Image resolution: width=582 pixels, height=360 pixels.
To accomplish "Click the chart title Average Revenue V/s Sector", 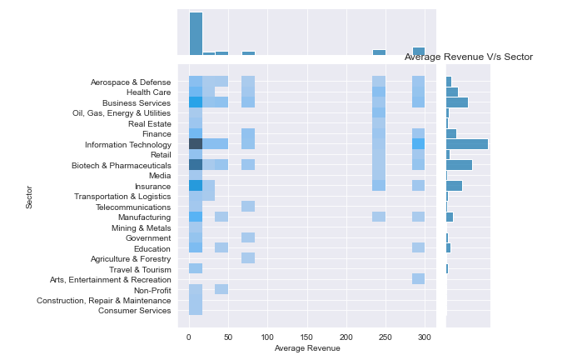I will click(x=468, y=57).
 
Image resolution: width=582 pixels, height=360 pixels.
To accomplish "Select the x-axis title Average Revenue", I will click(x=307, y=347).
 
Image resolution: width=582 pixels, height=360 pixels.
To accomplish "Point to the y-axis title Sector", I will click(x=29, y=197).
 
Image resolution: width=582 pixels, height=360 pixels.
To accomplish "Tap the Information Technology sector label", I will click(x=127, y=144).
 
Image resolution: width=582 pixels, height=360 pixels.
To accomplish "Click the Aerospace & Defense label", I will click(x=131, y=82).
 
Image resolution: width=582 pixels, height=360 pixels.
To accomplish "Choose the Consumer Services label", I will click(x=134, y=311).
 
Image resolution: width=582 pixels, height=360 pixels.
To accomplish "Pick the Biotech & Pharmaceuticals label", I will click(x=122, y=165).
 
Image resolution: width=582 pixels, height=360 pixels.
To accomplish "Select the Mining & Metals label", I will click(x=141, y=227).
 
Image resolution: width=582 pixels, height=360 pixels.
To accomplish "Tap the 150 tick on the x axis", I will click(x=307, y=336).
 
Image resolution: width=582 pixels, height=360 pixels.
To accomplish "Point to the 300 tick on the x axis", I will click(x=425, y=336).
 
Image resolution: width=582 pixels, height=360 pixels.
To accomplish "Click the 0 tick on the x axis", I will click(x=189, y=336).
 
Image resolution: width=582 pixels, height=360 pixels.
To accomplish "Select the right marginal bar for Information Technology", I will click(x=466, y=144).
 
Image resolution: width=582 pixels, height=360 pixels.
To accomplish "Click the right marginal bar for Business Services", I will click(x=456, y=102).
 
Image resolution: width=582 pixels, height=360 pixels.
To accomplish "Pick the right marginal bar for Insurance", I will click(x=454, y=186).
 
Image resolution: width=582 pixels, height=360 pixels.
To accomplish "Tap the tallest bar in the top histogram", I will click(x=196, y=34).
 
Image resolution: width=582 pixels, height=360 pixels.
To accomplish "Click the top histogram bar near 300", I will click(x=418, y=52).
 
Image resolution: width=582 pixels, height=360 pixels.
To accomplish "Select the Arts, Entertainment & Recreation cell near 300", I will click(x=418, y=279).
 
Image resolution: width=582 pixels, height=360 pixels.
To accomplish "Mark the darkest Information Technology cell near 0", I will click(x=196, y=144).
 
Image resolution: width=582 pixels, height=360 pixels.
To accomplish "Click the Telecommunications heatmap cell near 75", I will click(x=248, y=207).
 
